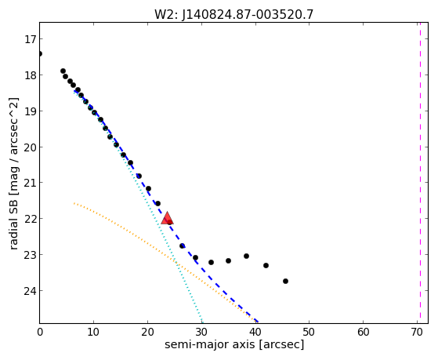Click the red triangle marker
167,218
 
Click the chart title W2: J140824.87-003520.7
233,15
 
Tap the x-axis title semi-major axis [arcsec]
233,344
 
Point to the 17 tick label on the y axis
30,39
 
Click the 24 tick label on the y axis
30,291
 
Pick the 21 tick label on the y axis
30,183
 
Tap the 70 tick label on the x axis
417,332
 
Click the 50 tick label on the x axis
309,332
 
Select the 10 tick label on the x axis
93,332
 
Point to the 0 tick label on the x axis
40,332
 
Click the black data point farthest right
285,281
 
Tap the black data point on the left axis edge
40,53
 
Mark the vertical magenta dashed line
420,173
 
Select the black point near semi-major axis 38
246,256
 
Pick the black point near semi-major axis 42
266,265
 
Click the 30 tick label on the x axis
201,332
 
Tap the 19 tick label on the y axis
30,111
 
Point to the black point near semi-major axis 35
228,260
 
